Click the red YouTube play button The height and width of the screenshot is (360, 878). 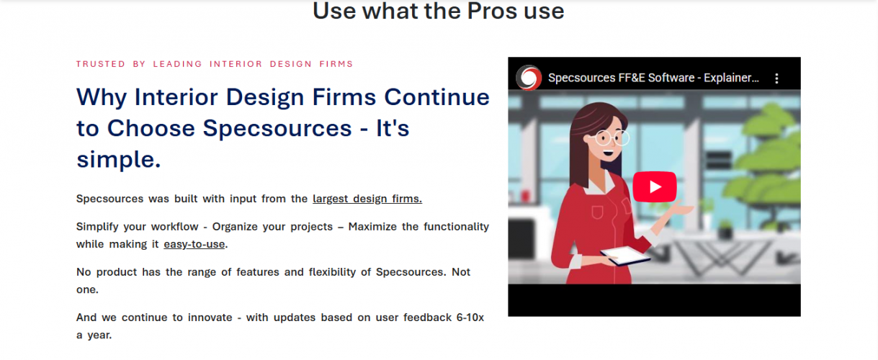coord(654,187)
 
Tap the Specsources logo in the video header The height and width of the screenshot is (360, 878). coord(528,77)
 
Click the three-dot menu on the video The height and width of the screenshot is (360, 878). coord(776,78)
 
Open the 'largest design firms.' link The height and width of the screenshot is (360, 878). coord(367,199)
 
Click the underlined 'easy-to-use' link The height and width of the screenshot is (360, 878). coord(194,244)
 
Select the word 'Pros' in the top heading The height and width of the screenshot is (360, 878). coord(466,11)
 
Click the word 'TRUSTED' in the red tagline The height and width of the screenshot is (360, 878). coord(100,64)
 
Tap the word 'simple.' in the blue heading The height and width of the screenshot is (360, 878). coord(118,160)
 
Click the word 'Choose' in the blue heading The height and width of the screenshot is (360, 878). coord(151,128)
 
